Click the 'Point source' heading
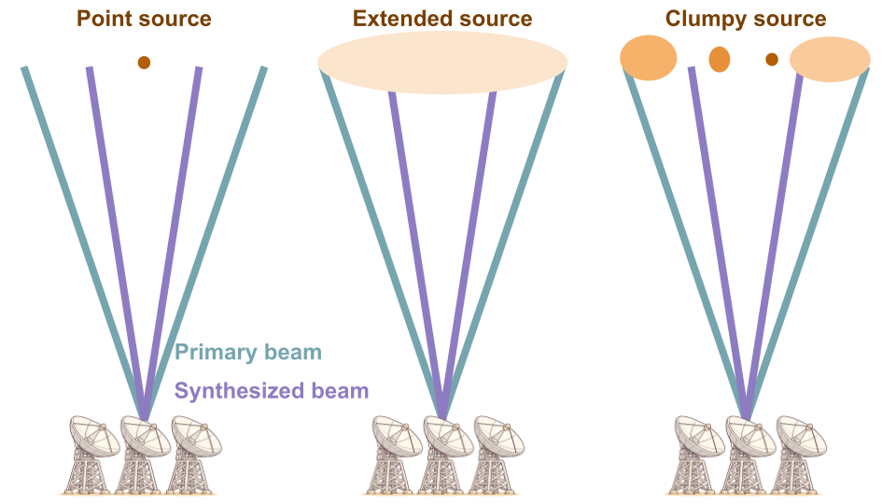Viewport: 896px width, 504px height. point(144,19)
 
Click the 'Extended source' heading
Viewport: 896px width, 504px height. point(442,19)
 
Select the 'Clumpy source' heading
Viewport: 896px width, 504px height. point(746,19)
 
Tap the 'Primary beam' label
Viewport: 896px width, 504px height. point(248,352)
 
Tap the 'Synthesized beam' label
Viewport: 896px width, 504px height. point(272,391)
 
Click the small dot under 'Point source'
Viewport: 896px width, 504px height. point(144,63)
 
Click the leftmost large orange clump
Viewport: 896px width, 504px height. point(649,57)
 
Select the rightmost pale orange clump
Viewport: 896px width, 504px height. point(830,60)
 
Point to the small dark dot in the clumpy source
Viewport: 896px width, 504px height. point(772,60)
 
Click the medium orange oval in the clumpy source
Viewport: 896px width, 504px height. point(720,59)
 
